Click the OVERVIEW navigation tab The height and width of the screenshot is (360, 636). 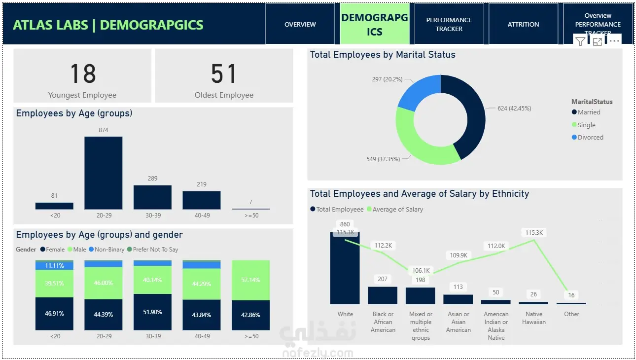click(x=300, y=24)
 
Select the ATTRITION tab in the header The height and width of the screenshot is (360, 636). click(x=523, y=24)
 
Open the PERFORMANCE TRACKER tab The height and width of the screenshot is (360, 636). click(x=449, y=24)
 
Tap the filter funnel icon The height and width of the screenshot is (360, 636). click(x=580, y=42)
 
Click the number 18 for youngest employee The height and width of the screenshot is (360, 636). click(x=82, y=74)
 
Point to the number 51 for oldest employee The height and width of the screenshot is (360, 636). click(x=224, y=74)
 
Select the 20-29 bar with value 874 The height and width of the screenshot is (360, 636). click(x=103, y=173)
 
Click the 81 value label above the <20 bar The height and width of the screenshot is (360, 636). click(x=54, y=196)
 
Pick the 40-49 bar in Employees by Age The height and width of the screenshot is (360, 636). click(x=201, y=200)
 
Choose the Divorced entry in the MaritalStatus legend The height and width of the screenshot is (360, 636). click(x=590, y=138)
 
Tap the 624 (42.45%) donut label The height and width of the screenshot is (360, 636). click(x=514, y=108)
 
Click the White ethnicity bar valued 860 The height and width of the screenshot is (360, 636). click(x=345, y=269)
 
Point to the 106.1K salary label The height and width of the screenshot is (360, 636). click(x=421, y=271)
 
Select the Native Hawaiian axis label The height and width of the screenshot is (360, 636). click(x=533, y=318)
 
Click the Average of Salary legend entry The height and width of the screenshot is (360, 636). click(x=397, y=210)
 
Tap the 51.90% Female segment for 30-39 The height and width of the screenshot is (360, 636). click(x=152, y=312)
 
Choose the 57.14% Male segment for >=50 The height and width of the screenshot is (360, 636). click(x=250, y=280)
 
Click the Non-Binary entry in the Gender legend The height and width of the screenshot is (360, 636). click(x=109, y=250)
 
